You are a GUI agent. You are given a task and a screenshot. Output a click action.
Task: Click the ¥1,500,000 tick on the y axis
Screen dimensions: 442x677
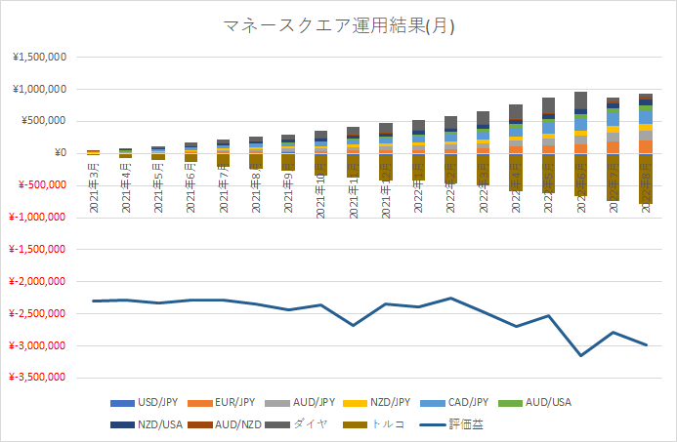pos(39,58)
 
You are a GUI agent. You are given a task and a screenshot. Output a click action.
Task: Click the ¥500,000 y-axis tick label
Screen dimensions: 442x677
pos(43,121)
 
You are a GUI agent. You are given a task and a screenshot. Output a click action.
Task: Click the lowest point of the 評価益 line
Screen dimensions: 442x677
pos(581,355)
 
